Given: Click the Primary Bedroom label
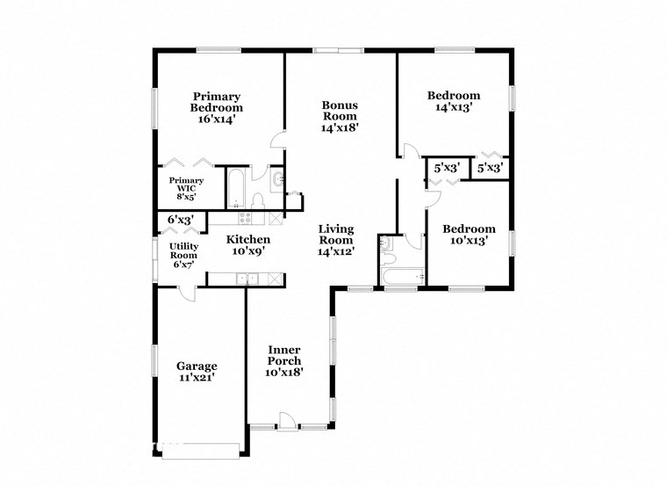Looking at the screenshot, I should [217, 102].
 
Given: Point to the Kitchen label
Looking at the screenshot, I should [247, 239].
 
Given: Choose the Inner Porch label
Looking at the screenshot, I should [283, 355].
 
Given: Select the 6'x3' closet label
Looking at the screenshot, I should [181, 219].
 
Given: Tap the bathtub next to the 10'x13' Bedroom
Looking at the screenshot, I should [403, 279].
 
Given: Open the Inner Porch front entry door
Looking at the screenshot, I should [286, 422].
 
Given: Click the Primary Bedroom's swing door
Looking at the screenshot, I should [278, 137].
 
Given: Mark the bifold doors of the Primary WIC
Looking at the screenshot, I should [190, 163].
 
